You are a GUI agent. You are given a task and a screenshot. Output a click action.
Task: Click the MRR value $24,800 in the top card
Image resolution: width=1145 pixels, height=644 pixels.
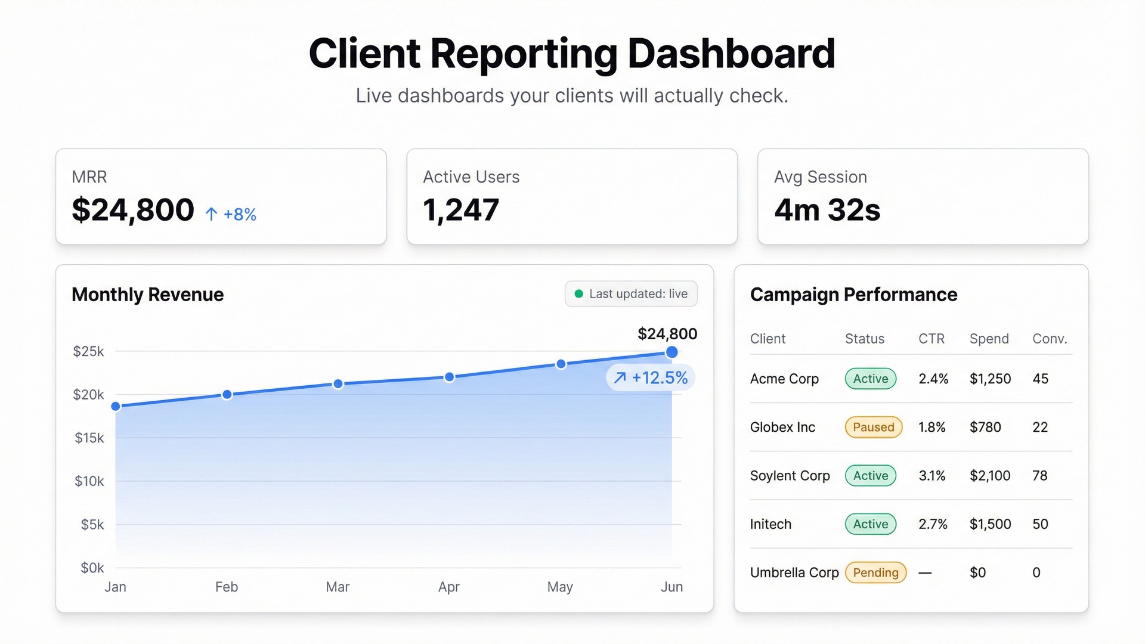coord(132,210)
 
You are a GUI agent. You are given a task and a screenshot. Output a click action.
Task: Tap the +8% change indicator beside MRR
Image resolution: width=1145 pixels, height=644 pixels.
coord(231,214)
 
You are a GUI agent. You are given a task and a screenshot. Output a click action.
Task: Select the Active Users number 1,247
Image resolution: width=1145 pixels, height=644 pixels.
coord(460,210)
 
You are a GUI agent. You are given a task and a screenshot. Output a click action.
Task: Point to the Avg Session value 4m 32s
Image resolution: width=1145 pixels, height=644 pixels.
coord(827,210)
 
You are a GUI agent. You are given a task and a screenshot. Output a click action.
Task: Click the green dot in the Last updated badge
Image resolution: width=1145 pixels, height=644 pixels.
coord(578,294)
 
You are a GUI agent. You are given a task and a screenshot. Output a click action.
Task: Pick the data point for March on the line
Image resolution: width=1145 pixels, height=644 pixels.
coord(338,384)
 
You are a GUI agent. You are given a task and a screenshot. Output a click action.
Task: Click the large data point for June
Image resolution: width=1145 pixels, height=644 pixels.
coord(671,352)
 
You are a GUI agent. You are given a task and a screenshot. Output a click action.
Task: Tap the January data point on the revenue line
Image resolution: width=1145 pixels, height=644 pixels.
coord(116,407)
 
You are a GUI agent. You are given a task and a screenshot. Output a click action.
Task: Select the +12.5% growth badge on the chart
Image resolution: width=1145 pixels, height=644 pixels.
coord(651,378)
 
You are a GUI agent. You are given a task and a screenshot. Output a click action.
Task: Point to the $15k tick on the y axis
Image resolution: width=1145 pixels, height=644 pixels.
coord(89,438)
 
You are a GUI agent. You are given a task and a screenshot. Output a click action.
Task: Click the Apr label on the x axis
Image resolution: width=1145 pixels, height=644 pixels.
coord(448,587)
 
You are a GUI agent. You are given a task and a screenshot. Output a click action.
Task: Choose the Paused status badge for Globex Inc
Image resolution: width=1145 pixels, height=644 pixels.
coord(873,427)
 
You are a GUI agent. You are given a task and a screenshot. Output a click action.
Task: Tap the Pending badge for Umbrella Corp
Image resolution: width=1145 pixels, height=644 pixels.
coord(875,572)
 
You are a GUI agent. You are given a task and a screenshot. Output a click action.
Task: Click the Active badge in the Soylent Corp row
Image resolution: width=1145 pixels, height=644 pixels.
coord(870,476)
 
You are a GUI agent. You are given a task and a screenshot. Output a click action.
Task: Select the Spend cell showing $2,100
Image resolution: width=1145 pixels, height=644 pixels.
coord(989,476)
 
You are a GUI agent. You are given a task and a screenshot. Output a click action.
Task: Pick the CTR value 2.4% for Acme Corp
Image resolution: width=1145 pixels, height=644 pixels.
coord(933,379)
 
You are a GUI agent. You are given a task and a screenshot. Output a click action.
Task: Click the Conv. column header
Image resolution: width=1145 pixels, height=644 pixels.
coord(1049,339)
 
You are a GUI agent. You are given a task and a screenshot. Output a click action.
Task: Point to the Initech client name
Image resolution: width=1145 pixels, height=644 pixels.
coord(770,524)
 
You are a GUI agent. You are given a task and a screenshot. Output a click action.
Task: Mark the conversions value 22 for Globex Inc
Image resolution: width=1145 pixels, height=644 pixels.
coord(1039,427)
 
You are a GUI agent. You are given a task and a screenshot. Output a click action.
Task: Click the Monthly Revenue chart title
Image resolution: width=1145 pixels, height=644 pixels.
coord(147,295)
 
